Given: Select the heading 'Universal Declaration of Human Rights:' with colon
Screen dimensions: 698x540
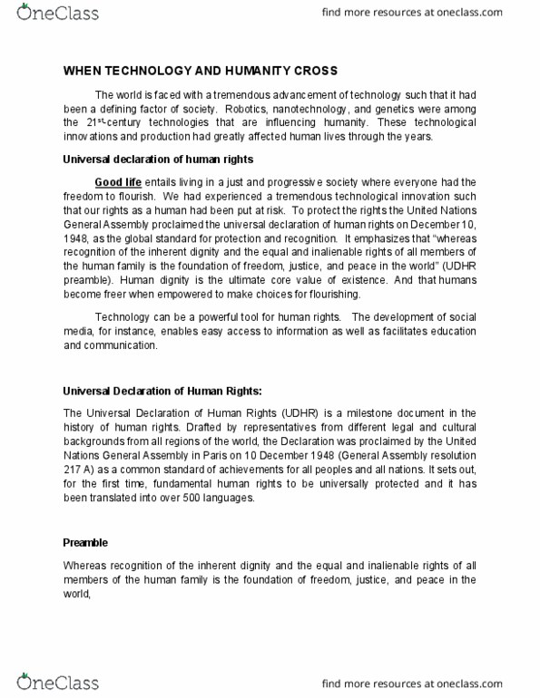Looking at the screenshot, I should click(162, 391).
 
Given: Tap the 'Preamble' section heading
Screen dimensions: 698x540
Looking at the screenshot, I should click(85, 542).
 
